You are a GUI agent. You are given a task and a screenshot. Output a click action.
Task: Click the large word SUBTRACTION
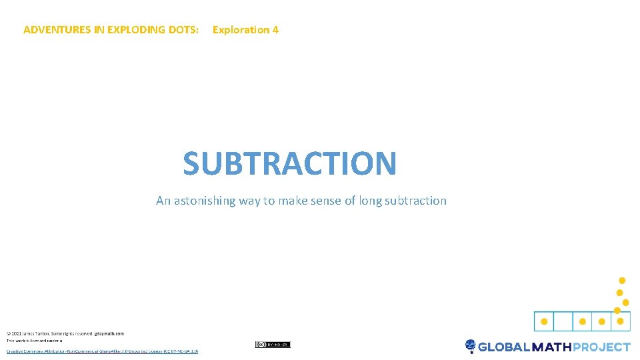[290, 163]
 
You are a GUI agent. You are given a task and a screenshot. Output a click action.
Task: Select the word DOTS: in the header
[183, 30]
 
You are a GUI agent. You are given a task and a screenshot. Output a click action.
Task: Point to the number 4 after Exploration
[275, 30]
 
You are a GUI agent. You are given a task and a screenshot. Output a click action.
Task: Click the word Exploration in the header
[241, 30]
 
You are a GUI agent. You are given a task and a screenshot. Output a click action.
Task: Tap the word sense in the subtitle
[326, 201]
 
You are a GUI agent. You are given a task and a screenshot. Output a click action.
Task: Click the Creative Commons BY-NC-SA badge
[273, 345]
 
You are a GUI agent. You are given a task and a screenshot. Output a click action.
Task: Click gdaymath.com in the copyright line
[109, 333]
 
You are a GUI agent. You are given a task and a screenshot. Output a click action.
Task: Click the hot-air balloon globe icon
[471, 346]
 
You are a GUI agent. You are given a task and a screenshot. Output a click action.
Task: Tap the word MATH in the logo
[551, 347]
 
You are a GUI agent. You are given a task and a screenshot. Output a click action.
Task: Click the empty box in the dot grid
[563, 321]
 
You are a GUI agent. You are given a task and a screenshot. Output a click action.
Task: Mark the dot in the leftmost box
[544, 321]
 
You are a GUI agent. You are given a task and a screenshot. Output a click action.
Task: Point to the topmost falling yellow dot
[622, 280]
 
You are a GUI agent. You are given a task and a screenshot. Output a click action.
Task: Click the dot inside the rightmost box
[621, 321]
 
